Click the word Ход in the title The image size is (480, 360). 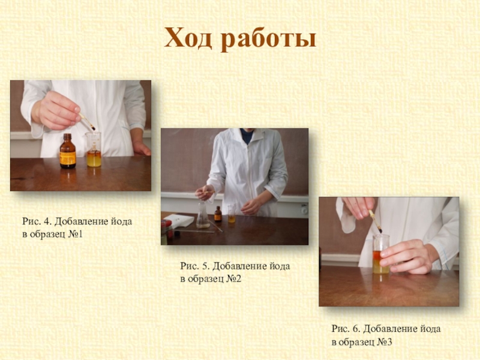[x=188, y=38]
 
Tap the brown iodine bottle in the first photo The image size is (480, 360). [x=68, y=151]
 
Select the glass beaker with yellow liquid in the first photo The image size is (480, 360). [x=94, y=149]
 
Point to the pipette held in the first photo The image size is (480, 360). [x=87, y=121]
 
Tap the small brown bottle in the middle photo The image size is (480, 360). [x=218, y=214]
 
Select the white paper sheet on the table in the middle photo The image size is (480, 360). [x=179, y=220]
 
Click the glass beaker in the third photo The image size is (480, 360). [x=381, y=254]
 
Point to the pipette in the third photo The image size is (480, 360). [x=376, y=221]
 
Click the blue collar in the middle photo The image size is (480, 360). [x=247, y=136]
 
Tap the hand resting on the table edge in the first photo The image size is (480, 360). [x=142, y=148]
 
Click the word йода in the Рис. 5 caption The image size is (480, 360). [x=280, y=266]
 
